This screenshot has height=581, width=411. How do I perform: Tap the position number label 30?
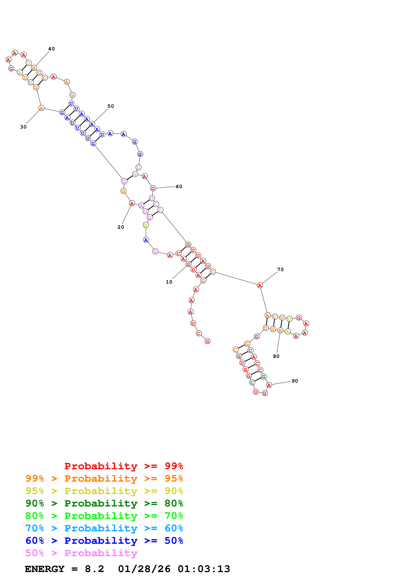pyautogui.click(x=23, y=127)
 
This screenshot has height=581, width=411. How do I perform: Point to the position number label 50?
pyautogui.click(x=111, y=106)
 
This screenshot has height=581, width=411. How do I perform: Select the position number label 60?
pyautogui.click(x=179, y=186)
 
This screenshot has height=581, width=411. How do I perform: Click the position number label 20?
pyautogui.click(x=121, y=227)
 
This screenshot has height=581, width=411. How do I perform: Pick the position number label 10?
pyautogui.click(x=169, y=282)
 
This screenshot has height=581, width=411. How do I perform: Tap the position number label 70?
pyautogui.click(x=280, y=269)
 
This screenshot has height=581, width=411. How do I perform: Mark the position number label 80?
pyautogui.click(x=276, y=356)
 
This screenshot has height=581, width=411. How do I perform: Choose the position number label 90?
pyautogui.click(x=295, y=381)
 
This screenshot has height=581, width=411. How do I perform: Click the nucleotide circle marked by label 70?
pyautogui.click(x=260, y=285)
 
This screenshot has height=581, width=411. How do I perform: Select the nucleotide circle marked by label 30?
pyautogui.click(x=41, y=108)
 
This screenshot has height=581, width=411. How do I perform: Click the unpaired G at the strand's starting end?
pyautogui.click(x=207, y=341)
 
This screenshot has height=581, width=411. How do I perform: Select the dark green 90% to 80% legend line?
pyautogui.click(x=104, y=503)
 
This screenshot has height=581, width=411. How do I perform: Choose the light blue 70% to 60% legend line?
pyautogui.click(x=104, y=528)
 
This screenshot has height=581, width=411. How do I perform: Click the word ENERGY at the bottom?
pyautogui.click(x=45, y=569)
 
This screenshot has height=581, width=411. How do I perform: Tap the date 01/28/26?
pyautogui.click(x=144, y=569)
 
